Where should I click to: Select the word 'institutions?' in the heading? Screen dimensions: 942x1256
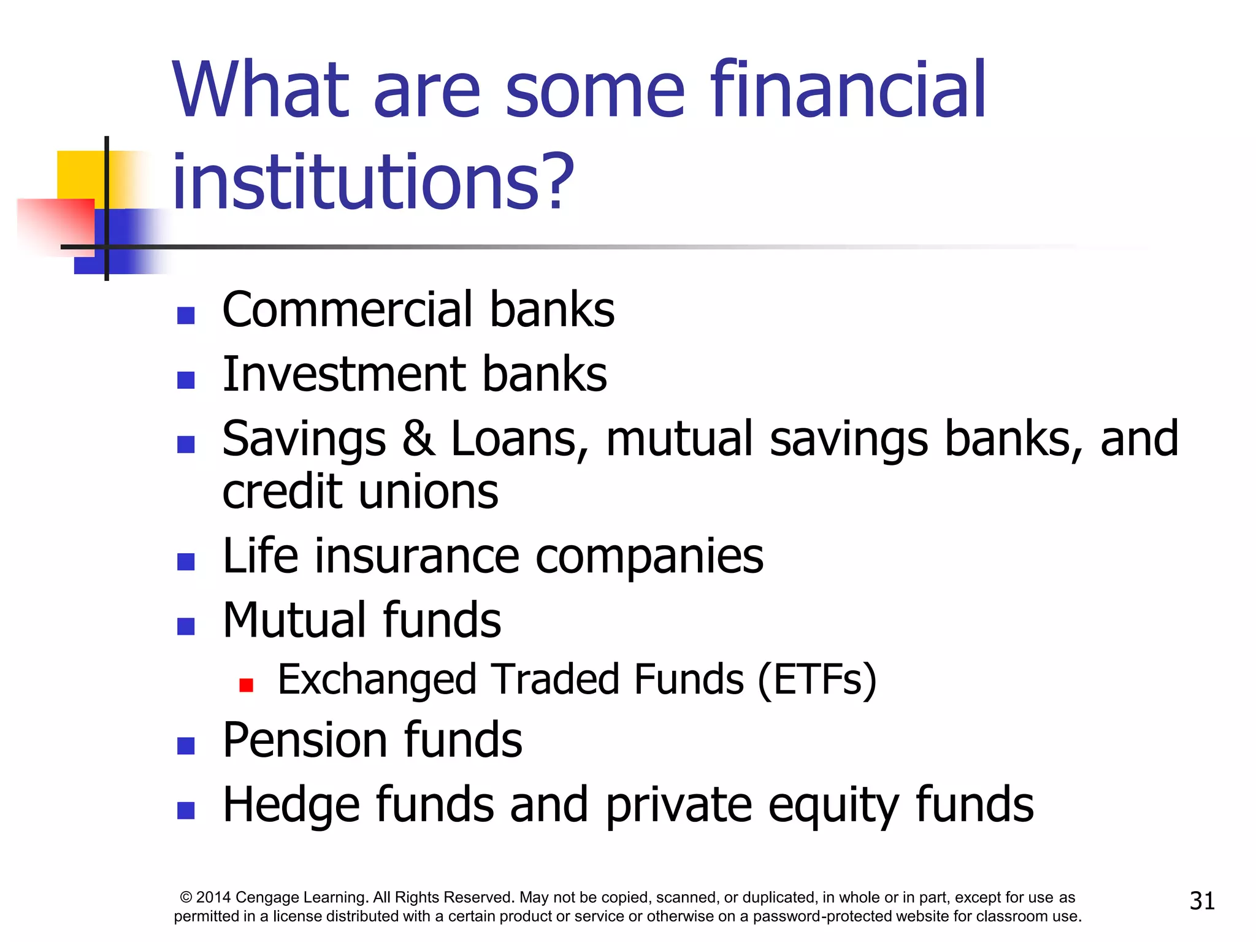(x=373, y=182)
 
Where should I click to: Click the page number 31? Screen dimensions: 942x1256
(x=1202, y=901)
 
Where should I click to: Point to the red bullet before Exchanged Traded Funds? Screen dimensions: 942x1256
(x=247, y=685)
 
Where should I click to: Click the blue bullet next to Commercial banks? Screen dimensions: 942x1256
(x=186, y=315)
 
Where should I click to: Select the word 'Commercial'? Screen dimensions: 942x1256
(x=347, y=310)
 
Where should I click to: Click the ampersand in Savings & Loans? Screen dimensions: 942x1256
(x=418, y=438)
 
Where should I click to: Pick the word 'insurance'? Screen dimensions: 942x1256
(x=417, y=556)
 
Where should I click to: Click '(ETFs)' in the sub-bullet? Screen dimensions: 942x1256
(x=817, y=680)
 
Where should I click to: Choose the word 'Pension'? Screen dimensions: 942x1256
(x=304, y=740)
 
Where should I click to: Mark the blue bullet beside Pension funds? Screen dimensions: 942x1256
(x=186, y=746)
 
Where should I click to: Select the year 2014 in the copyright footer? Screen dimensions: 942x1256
(x=213, y=898)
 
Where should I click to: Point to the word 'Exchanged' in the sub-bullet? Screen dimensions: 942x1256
(x=377, y=680)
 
